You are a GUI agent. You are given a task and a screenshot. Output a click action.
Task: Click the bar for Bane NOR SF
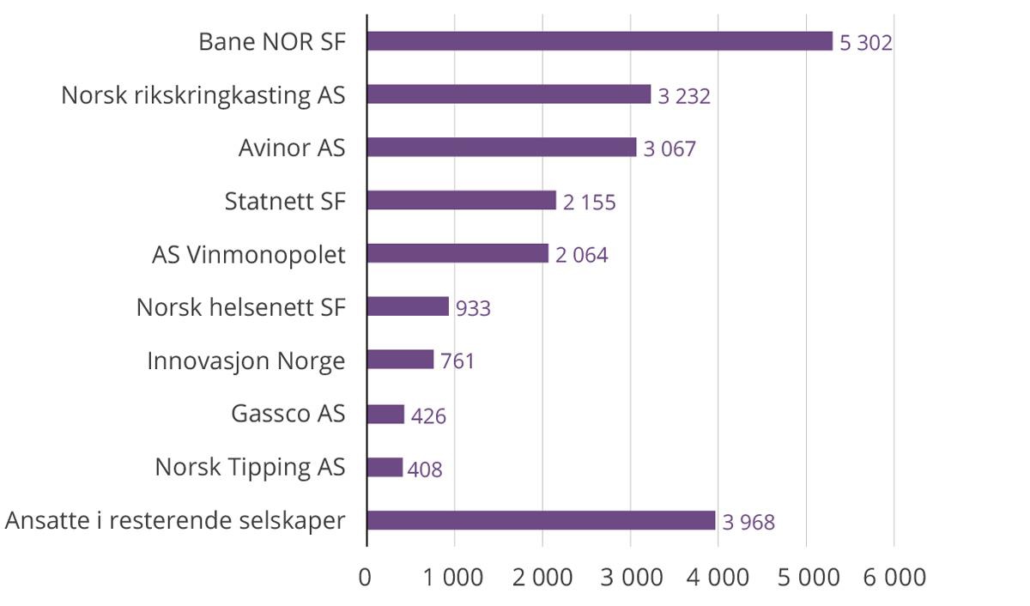tap(599, 41)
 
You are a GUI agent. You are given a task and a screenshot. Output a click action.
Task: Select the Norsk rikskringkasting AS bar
tap(508, 94)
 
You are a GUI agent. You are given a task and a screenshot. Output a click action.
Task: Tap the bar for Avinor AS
tap(501, 148)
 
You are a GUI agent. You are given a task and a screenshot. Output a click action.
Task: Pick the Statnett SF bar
tap(461, 201)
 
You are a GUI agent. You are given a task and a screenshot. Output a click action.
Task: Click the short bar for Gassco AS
tap(385, 414)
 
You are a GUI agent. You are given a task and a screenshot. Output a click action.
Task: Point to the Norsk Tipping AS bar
tap(385, 467)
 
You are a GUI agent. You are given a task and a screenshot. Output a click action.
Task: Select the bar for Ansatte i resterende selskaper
tap(541, 520)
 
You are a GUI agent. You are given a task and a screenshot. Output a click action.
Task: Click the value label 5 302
tap(865, 42)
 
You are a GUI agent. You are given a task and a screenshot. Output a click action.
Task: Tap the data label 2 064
tap(581, 255)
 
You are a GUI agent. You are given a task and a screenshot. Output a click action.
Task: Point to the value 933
tap(473, 308)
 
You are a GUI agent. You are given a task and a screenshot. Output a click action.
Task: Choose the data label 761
tap(457, 361)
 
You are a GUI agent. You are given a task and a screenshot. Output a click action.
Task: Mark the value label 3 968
tap(748, 522)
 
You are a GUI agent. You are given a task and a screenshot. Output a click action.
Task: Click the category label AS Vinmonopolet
tap(249, 255)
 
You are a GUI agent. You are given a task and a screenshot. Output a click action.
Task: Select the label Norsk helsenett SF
tap(240, 307)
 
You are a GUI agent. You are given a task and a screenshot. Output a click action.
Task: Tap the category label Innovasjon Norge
tap(245, 361)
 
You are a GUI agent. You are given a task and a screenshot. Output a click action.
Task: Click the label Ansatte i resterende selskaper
tap(174, 521)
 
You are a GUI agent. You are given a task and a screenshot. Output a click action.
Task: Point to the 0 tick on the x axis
tap(367, 577)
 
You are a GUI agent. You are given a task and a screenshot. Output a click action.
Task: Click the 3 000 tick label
tap(630, 577)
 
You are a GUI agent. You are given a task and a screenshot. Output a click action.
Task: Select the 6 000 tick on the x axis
tap(894, 577)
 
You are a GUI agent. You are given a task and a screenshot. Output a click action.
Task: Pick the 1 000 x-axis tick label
tap(454, 577)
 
